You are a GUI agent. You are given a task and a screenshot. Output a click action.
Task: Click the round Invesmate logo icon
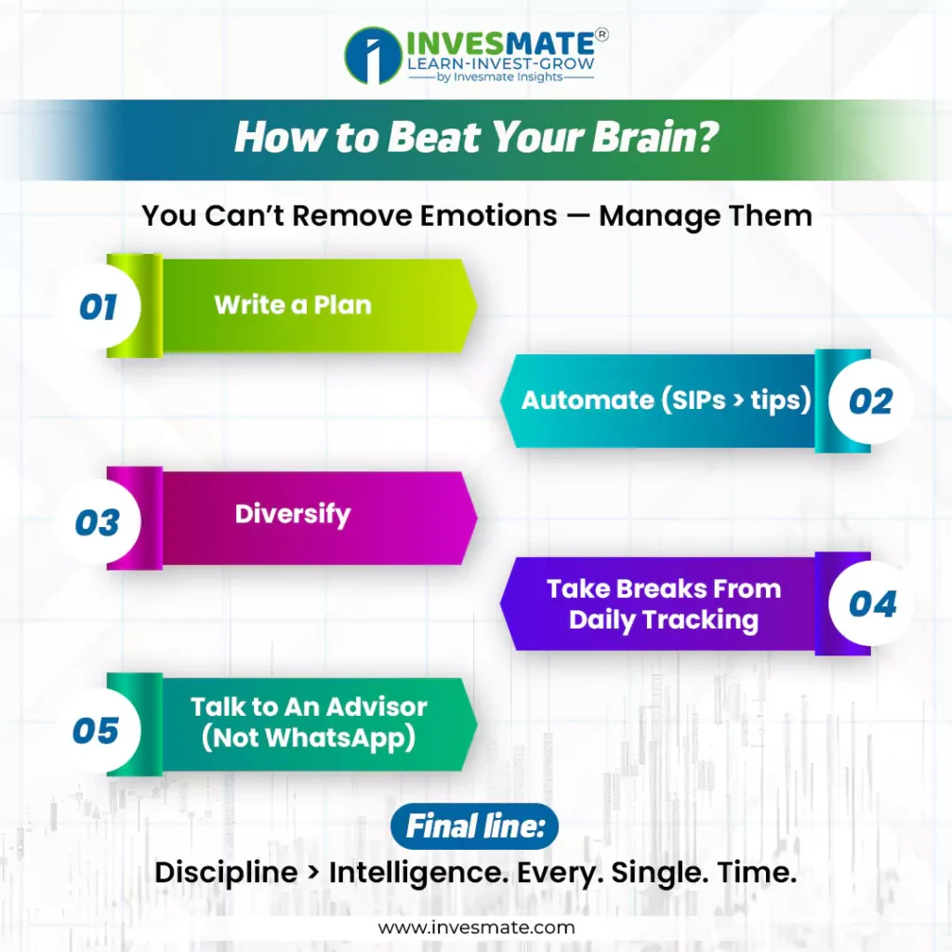pyautogui.click(x=373, y=55)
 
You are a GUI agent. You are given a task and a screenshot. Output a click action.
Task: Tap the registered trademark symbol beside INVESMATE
pyautogui.click(x=602, y=34)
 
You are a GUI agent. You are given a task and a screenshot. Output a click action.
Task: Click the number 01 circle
pyautogui.click(x=99, y=306)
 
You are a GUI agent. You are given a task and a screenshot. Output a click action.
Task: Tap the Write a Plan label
pyautogui.click(x=293, y=305)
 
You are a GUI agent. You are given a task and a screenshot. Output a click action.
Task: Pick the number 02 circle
pyautogui.click(x=870, y=402)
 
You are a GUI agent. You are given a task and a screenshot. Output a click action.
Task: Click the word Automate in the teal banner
pyautogui.click(x=588, y=400)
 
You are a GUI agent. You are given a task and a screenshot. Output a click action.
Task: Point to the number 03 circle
pyautogui.click(x=99, y=522)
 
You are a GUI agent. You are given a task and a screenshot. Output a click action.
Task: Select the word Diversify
pyautogui.click(x=293, y=515)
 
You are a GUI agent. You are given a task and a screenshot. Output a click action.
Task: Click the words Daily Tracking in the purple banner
pyautogui.click(x=664, y=620)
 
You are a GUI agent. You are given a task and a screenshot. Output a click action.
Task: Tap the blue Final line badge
pyautogui.click(x=474, y=826)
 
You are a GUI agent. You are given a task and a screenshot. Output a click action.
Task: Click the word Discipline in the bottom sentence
pyautogui.click(x=226, y=873)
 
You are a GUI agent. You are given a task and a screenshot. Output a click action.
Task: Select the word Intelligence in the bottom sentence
pyautogui.click(x=419, y=873)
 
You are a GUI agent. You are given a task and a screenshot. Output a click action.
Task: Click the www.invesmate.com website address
pyautogui.click(x=476, y=927)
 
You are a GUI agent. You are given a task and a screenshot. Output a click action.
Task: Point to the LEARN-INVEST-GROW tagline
pyautogui.click(x=501, y=64)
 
